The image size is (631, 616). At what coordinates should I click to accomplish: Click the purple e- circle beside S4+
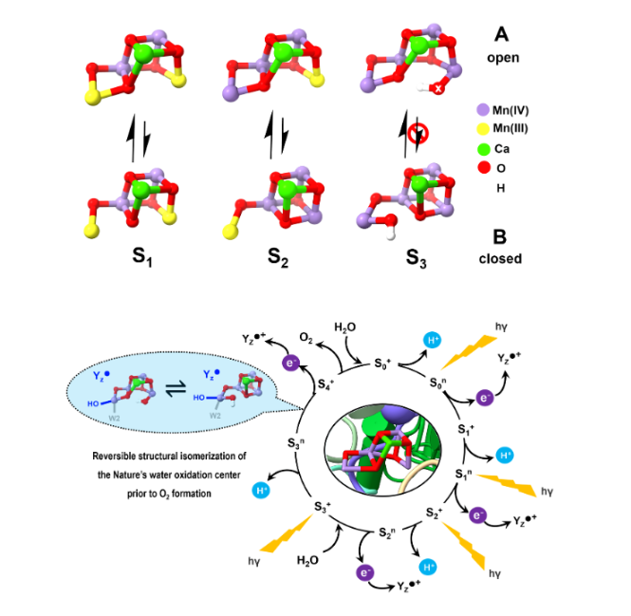[292, 361]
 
